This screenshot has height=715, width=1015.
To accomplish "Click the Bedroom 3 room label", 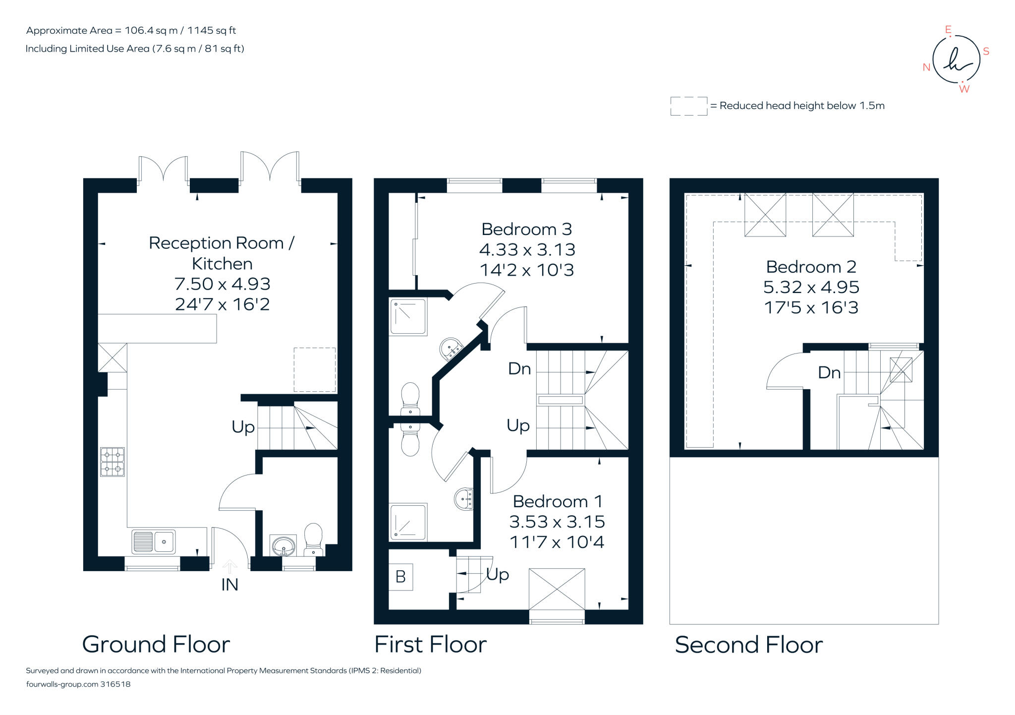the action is [526, 230].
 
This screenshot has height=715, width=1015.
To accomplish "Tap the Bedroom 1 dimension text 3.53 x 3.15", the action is [557, 522].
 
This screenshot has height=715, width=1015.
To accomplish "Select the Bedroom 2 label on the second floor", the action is [811, 267].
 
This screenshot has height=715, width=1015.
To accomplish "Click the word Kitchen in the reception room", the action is [222, 264].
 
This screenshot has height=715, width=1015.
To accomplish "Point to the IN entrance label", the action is [229, 585].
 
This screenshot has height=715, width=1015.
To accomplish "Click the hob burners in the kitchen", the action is [113, 462].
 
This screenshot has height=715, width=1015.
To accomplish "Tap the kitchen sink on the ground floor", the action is [154, 541].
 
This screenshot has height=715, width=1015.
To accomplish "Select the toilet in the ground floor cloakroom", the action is [313, 539].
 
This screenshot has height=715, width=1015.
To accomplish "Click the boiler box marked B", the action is [400, 577].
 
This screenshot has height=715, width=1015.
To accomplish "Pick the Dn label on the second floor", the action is [829, 373].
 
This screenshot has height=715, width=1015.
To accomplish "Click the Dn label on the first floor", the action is [519, 369].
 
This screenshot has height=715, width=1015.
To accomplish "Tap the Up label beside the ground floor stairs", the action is [243, 427].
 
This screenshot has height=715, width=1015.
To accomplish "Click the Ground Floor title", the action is [156, 645].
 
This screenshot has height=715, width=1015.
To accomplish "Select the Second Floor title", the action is [748, 645].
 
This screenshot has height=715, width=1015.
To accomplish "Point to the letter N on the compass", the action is [926, 67].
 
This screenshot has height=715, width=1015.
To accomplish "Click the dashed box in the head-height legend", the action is [688, 106].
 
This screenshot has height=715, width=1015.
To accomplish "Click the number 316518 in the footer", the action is [115, 684].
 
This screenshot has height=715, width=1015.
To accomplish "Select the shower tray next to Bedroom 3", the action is [408, 316].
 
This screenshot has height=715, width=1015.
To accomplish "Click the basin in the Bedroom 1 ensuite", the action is [464, 498].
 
